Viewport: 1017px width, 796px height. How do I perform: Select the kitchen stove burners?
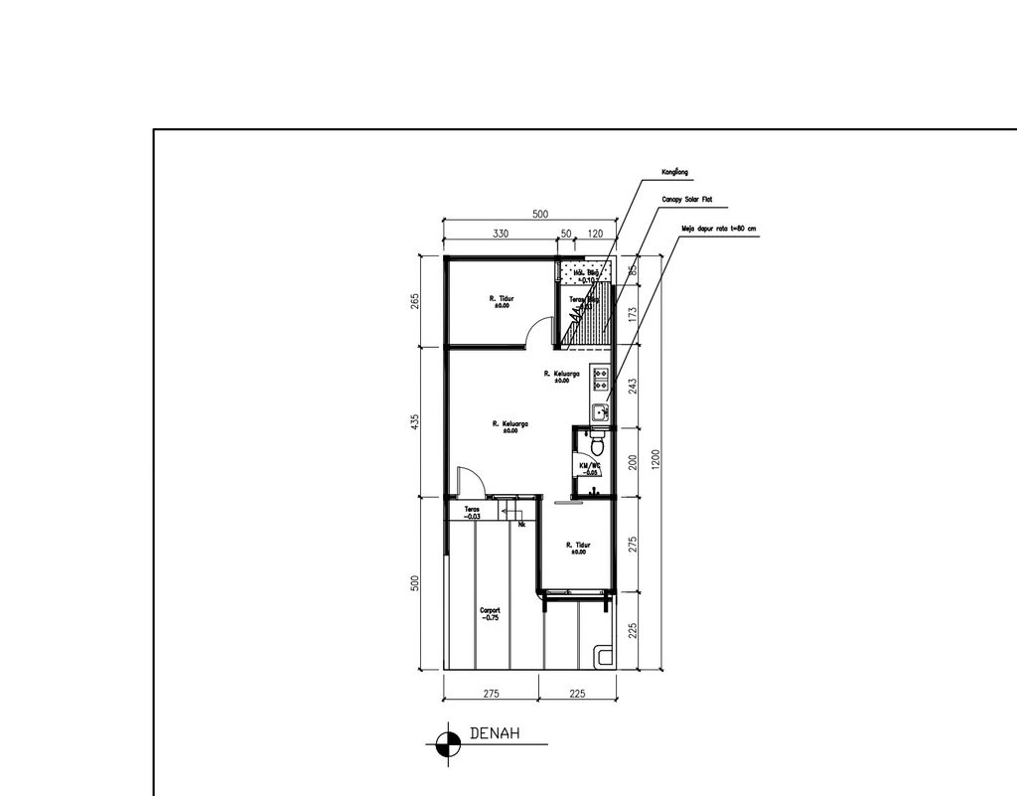pos(600,377)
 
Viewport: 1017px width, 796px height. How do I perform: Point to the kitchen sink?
pos(600,410)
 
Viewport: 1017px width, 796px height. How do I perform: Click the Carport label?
pos(489,614)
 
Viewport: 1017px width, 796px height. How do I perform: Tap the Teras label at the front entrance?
pos(472,512)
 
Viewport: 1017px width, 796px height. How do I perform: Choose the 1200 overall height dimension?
pos(654,461)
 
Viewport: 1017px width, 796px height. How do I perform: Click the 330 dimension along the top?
pos(501,234)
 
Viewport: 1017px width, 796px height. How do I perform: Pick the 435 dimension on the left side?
pos(416,422)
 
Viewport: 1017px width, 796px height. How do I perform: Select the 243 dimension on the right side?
pos(633,387)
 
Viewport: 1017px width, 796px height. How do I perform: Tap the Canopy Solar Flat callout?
pos(686,200)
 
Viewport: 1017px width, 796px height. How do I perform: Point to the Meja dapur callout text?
pos(717,228)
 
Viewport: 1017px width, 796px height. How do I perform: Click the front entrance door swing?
pos(470,482)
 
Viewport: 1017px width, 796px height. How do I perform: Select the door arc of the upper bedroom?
pos(538,331)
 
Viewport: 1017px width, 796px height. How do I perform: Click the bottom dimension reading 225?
pos(577,694)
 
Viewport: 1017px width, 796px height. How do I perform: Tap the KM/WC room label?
pos(590,467)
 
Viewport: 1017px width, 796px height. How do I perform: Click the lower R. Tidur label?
pos(578,548)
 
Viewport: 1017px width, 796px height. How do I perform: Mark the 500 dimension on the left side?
pos(416,583)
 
